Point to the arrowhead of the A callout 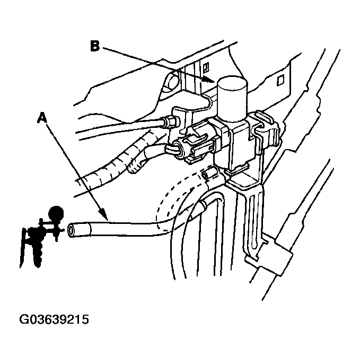point(107,218)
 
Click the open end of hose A point(71,230)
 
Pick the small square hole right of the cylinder point(281,80)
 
